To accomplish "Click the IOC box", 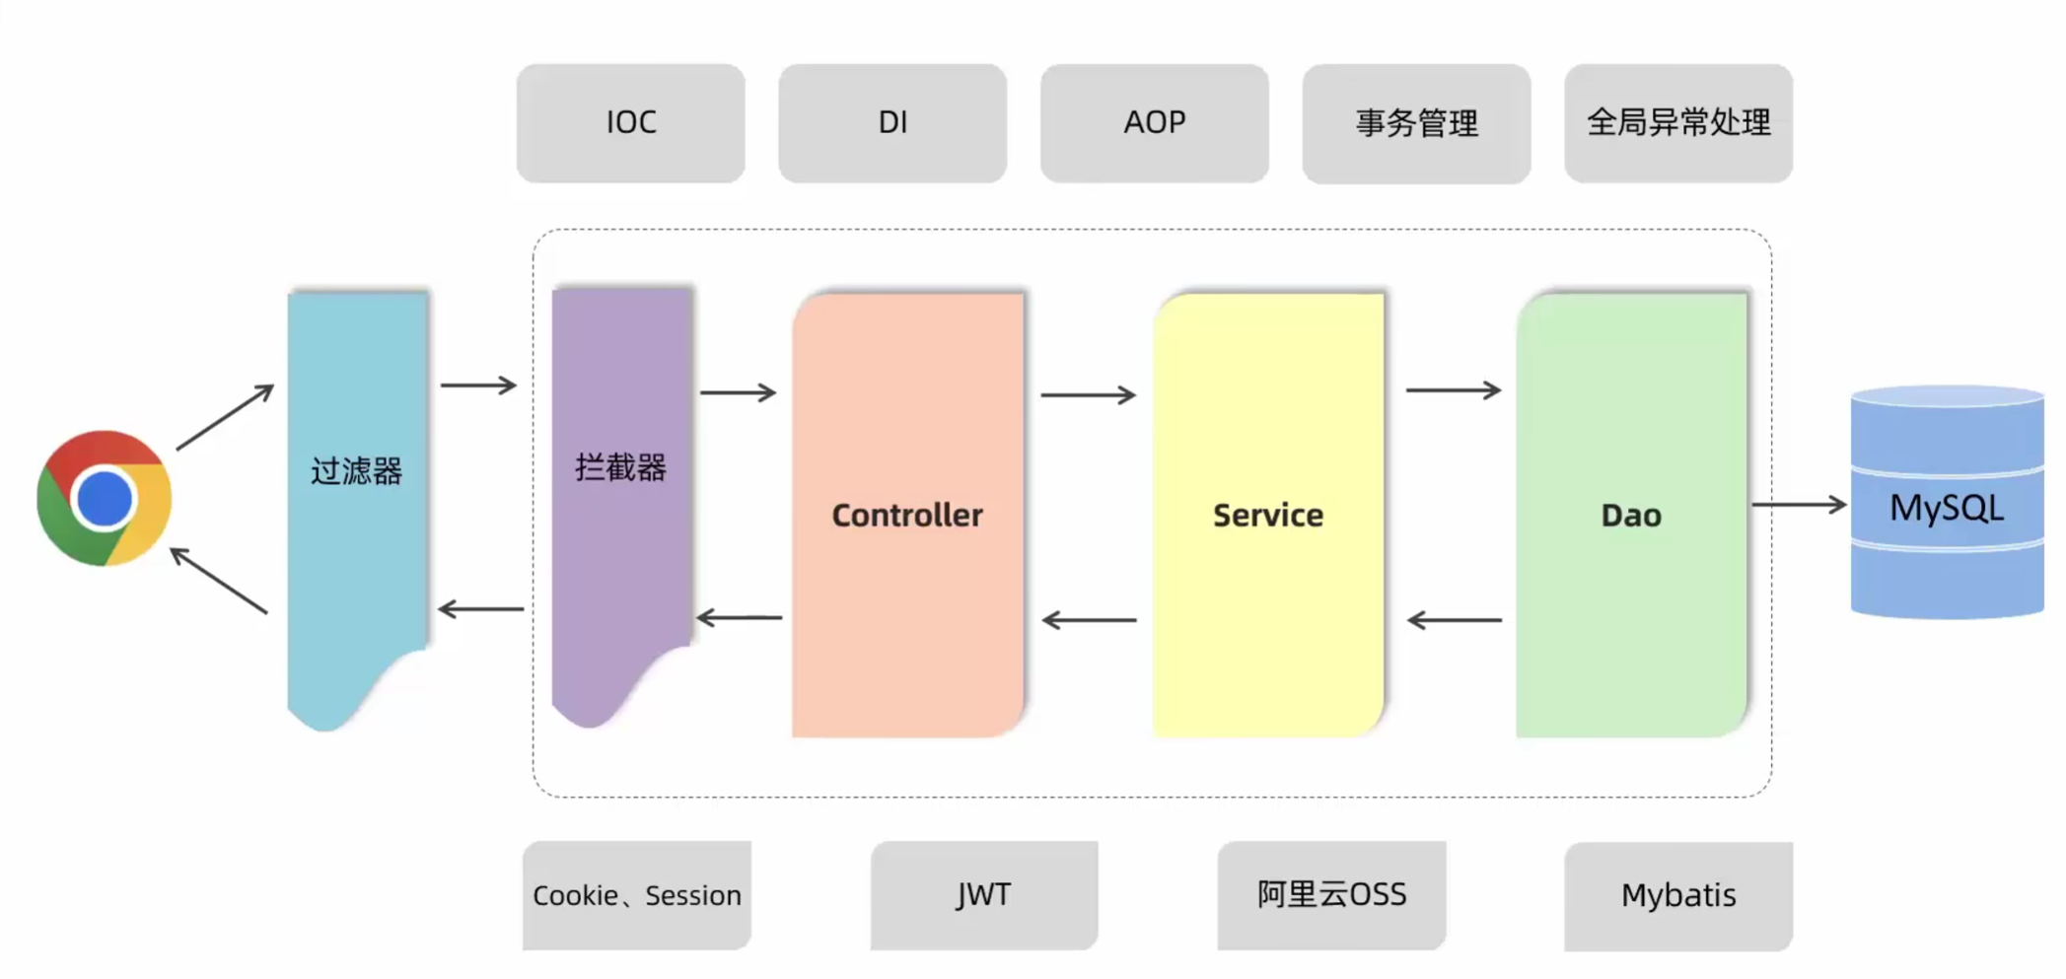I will click(x=630, y=123).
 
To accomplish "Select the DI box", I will click(x=892, y=123).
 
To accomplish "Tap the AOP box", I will click(x=1154, y=123).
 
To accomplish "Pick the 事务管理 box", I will click(x=1416, y=123).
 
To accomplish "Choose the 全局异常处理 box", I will click(x=1678, y=123).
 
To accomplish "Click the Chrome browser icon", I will click(x=104, y=498).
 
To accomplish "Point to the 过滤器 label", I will click(x=356, y=471).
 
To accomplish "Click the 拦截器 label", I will click(x=621, y=467).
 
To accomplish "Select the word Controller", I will click(x=907, y=515).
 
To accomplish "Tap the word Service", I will click(x=1268, y=515).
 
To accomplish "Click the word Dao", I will click(x=1631, y=515).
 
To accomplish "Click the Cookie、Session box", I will click(x=637, y=895).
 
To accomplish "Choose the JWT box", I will click(x=984, y=895).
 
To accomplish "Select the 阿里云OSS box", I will click(x=1331, y=895).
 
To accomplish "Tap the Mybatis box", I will click(x=1678, y=895).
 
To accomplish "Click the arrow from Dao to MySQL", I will click(x=1799, y=505).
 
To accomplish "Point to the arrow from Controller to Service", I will click(x=1089, y=395).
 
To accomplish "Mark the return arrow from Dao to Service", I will click(x=1455, y=620).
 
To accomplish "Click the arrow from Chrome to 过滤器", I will click(x=225, y=417).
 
